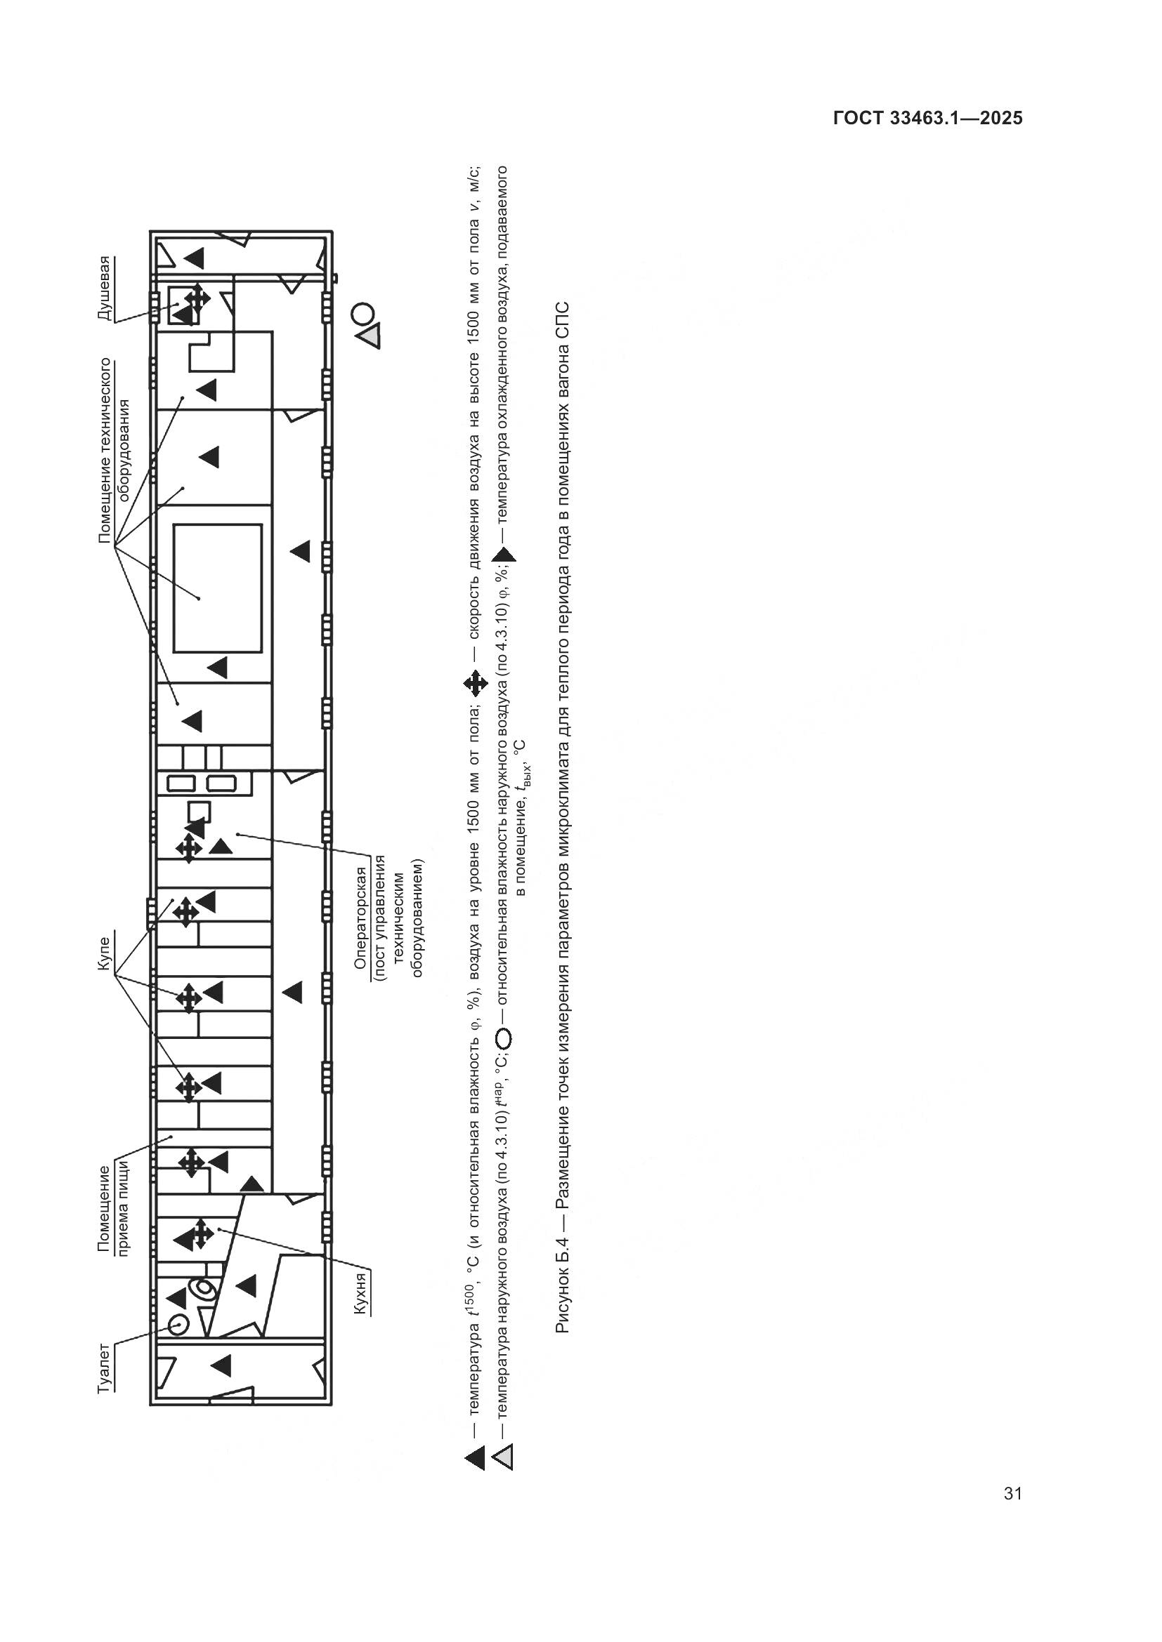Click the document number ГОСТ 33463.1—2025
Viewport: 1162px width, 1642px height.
click(x=928, y=118)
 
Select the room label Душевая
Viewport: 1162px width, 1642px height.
click(x=105, y=289)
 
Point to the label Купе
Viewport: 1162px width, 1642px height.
click(x=105, y=953)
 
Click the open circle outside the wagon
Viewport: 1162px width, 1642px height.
click(x=363, y=313)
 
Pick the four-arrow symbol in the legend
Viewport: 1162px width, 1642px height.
click(x=475, y=684)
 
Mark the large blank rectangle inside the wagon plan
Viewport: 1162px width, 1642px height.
click(x=218, y=588)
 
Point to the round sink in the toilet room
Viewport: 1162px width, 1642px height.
click(x=178, y=1325)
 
